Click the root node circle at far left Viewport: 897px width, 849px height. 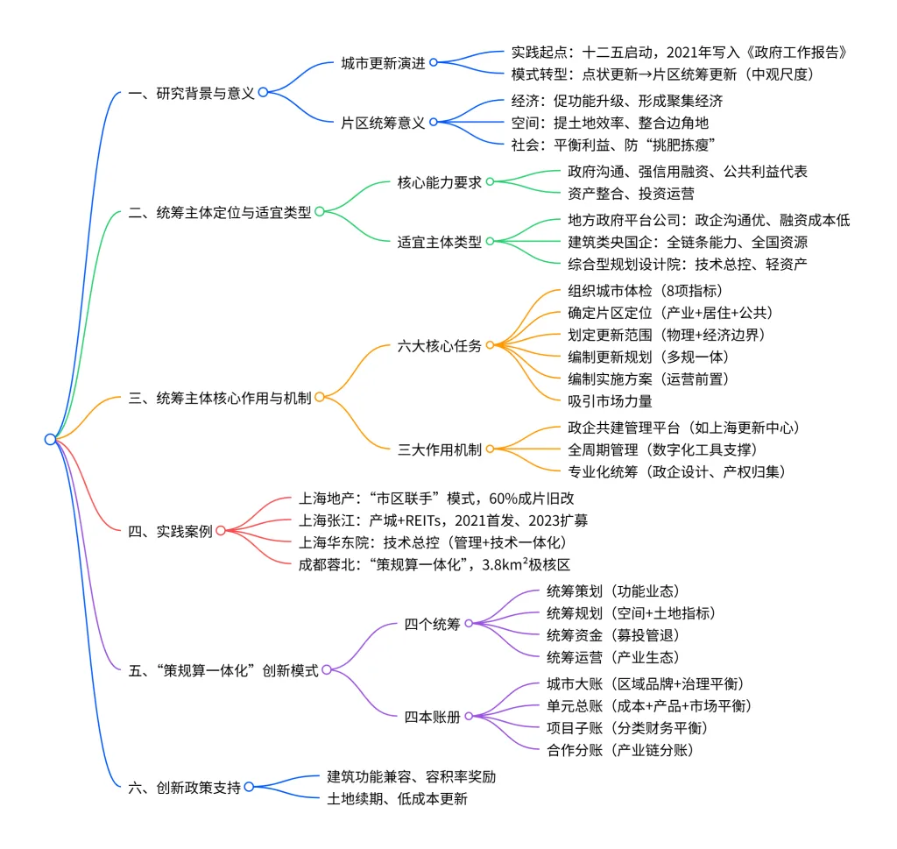[x=50, y=439]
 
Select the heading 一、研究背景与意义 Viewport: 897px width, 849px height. [x=192, y=92]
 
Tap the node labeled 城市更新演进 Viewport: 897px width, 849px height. [x=383, y=63]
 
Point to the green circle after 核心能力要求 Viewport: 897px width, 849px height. [x=491, y=181]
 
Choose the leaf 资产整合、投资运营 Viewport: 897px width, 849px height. [x=618, y=192]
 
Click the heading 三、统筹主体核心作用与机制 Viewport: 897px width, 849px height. [x=220, y=397]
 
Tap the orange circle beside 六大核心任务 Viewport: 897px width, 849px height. [x=491, y=345]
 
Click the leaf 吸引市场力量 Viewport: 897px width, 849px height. [x=610, y=400]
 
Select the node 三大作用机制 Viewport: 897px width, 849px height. [x=439, y=449]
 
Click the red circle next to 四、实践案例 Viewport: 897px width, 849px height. [x=221, y=530]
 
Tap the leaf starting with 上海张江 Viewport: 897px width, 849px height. [x=442, y=520]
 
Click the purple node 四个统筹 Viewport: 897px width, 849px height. [x=432, y=623]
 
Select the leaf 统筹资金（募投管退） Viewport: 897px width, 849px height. [x=612, y=634]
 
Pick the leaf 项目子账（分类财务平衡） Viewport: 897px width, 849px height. [x=627, y=727]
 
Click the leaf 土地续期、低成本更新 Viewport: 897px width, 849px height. [x=398, y=798]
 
